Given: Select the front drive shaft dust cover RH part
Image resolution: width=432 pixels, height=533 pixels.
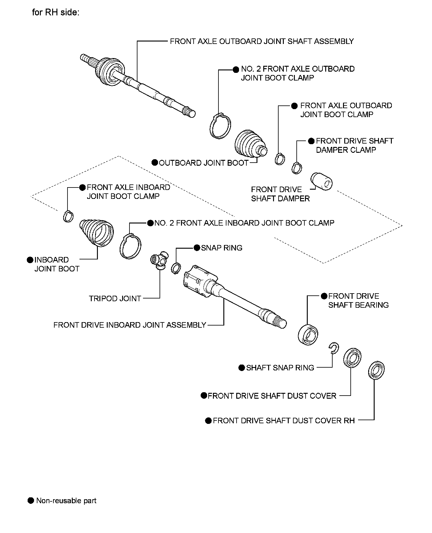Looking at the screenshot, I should [376, 369].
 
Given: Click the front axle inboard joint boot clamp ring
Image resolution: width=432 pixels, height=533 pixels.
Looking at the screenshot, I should [68, 216].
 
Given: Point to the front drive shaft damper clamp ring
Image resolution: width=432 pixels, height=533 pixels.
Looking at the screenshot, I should [297, 168].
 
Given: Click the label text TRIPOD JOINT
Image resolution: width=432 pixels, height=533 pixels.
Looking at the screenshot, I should [115, 298].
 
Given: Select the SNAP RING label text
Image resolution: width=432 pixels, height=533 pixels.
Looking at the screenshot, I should [222, 248].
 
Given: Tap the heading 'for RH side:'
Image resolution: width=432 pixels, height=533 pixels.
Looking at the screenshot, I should [56, 13].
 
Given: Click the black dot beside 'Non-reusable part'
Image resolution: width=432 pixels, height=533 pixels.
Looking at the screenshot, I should [31, 500].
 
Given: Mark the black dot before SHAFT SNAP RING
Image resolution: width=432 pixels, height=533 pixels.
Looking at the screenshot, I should [241, 368].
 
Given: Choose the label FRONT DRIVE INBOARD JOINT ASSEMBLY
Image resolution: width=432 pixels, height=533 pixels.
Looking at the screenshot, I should [129, 325].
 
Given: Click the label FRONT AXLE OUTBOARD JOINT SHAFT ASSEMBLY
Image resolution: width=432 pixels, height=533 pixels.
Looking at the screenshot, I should [262, 41].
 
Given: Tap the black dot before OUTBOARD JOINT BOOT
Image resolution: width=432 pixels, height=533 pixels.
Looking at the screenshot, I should [155, 163].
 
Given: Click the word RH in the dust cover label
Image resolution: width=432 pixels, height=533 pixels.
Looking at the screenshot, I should [349, 420].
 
